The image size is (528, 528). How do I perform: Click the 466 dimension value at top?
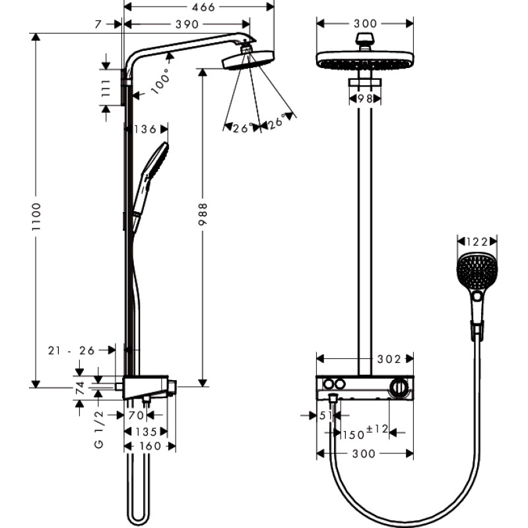199,8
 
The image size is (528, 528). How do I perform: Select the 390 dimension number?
186,24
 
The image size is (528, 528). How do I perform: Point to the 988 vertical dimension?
203,214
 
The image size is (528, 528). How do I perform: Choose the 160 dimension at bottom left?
150,447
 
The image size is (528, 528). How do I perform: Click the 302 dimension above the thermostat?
389,359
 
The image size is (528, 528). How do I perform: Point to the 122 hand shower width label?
476,242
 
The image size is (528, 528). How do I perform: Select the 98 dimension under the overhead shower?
364,98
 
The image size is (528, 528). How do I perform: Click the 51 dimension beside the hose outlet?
324,416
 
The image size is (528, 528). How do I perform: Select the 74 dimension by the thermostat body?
80,387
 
